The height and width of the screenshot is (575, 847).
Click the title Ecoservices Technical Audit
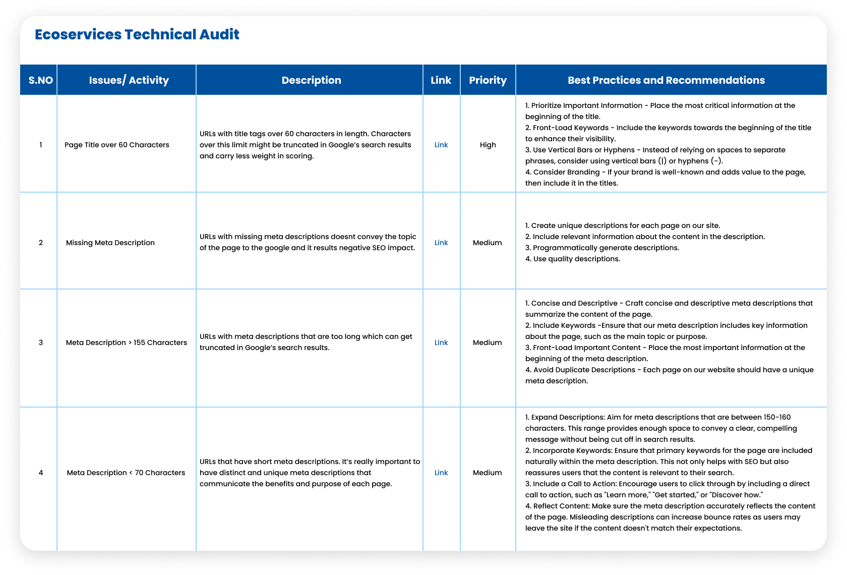(137, 34)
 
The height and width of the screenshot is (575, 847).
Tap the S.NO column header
(41, 80)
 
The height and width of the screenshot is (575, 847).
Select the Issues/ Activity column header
(129, 80)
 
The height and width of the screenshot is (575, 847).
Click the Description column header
(311, 80)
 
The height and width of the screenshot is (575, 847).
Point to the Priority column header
(488, 80)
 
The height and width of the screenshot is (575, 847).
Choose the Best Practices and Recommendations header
(666, 80)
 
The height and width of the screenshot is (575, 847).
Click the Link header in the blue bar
(441, 80)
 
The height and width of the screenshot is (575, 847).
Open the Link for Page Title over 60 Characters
(441, 145)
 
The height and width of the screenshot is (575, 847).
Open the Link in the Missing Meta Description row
(441, 243)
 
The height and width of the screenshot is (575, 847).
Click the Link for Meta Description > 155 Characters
(441, 342)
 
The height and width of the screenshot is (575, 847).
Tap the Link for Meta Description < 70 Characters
(441, 473)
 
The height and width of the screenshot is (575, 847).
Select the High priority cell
(488, 145)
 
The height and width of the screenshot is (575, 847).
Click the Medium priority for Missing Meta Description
(487, 243)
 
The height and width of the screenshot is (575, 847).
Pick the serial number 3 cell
(41, 342)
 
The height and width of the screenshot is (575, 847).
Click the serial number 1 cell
(41, 145)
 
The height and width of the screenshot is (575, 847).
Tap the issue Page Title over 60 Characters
(117, 145)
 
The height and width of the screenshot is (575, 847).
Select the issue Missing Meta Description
(110, 243)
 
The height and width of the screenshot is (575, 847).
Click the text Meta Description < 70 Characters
(126, 473)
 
